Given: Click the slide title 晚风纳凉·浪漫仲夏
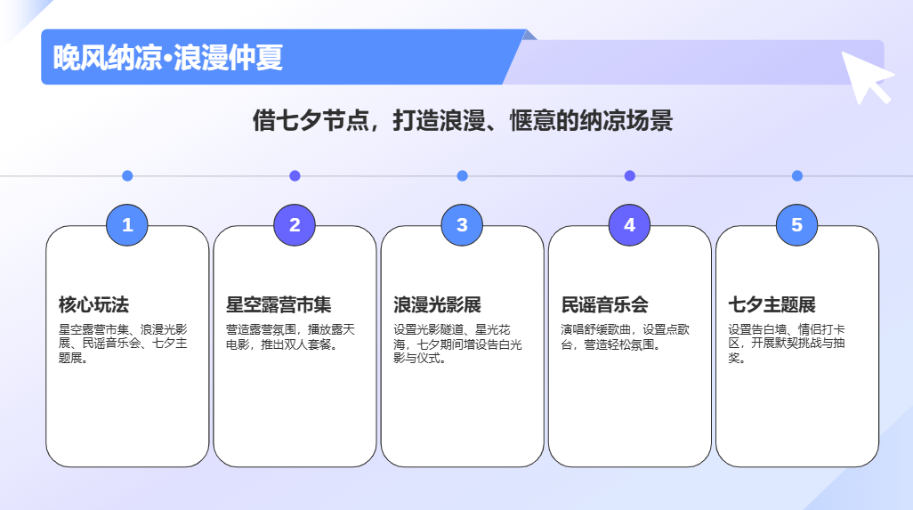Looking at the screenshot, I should click(x=168, y=58).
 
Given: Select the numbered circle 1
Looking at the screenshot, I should click(x=127, y=225).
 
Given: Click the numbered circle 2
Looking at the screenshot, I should click(x=295, y=225).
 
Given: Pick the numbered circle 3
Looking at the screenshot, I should click(x=462, y=225).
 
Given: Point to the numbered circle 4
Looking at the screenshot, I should click(x=629, y=225).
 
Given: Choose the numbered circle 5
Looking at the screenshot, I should click(x=796, y=225).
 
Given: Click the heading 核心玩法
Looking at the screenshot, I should click(x=93, y=305).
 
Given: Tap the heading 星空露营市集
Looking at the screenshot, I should click(x=279, y=305).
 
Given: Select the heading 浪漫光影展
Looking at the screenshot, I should click(x=437, y=305).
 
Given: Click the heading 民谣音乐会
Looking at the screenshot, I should click(x=605, y=305).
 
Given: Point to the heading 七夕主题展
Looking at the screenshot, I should click(x=772, y=305).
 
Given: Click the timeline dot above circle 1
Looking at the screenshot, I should click(x=127, y=176).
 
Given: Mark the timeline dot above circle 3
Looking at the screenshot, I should click(x=462, y=176).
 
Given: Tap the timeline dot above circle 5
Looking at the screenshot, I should click(x=796, y=176).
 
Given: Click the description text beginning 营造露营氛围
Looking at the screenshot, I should click(x=290, y=336).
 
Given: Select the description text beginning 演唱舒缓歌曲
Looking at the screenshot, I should click(x=626, y=336).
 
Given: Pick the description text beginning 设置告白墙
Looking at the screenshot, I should click(x=787, y=344).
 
